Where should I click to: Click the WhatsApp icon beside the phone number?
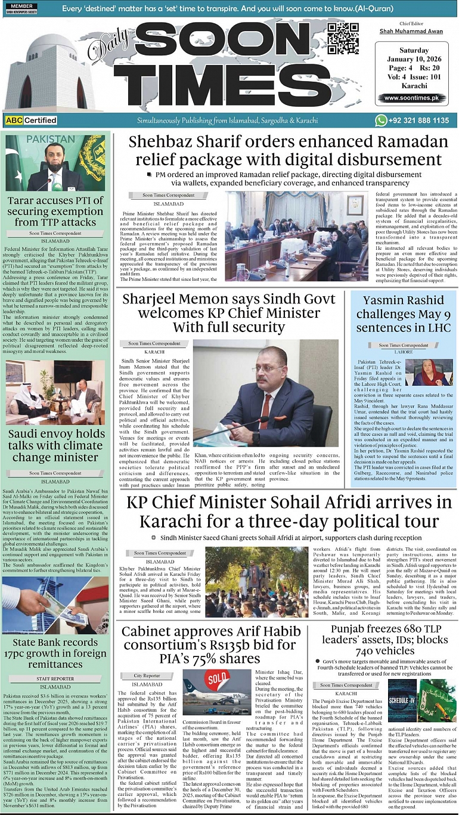(x=381, y=120)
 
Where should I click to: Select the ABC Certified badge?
(x=30, y=120)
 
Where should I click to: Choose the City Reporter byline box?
(x=147, y=675)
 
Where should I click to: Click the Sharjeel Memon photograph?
(x=266, y=393)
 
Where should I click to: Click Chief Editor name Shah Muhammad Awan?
(x=410, y=31)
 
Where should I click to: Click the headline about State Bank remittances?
(x=55, y=653)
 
